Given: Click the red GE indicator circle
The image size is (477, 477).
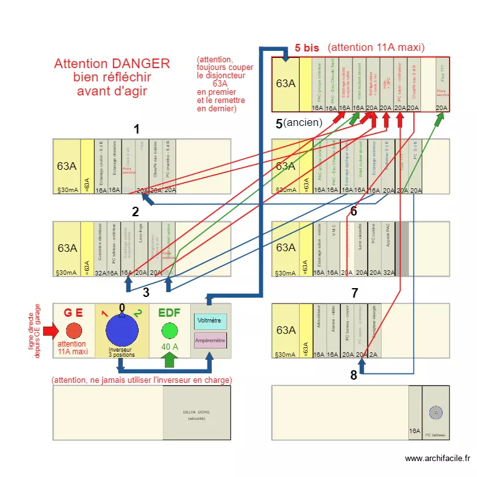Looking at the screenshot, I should click(74, 331).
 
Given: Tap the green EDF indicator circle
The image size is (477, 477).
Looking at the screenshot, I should click(169, 331).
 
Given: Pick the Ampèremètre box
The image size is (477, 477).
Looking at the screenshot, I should click(210, 341).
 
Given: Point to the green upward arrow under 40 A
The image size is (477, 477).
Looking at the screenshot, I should click(169, 360).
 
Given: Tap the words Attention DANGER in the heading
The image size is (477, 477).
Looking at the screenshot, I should click(112, 64).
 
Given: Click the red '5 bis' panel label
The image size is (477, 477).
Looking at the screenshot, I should click(306, 48).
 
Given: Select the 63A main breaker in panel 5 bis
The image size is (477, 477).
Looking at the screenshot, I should click(286, 83).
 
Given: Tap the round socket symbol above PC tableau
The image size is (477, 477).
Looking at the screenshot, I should click(436, 412).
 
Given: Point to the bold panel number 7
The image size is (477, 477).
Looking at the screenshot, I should click(355, 293).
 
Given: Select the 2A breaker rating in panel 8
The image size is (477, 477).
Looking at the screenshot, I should click(373, 354).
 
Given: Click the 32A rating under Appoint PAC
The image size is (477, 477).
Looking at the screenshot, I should click(389, 273).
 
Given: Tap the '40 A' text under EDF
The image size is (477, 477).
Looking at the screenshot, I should click(169, 347).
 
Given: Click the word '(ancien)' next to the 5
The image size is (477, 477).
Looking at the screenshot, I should click(303, 122).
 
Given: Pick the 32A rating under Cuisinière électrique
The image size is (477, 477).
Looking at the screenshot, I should click(100, 273).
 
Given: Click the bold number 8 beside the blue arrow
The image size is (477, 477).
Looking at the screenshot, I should click(354, 375).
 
